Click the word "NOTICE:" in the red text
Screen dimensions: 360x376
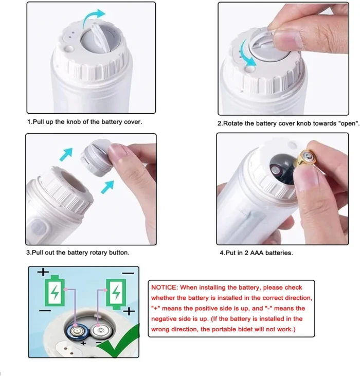(x=165, y=288)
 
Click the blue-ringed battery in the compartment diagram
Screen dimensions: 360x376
(x=76, y=332)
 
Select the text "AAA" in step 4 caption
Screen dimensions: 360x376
(x=257, y=253)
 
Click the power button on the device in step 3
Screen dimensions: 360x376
(x=39, y=227)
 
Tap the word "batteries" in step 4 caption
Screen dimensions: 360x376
(x=279, y=253)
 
